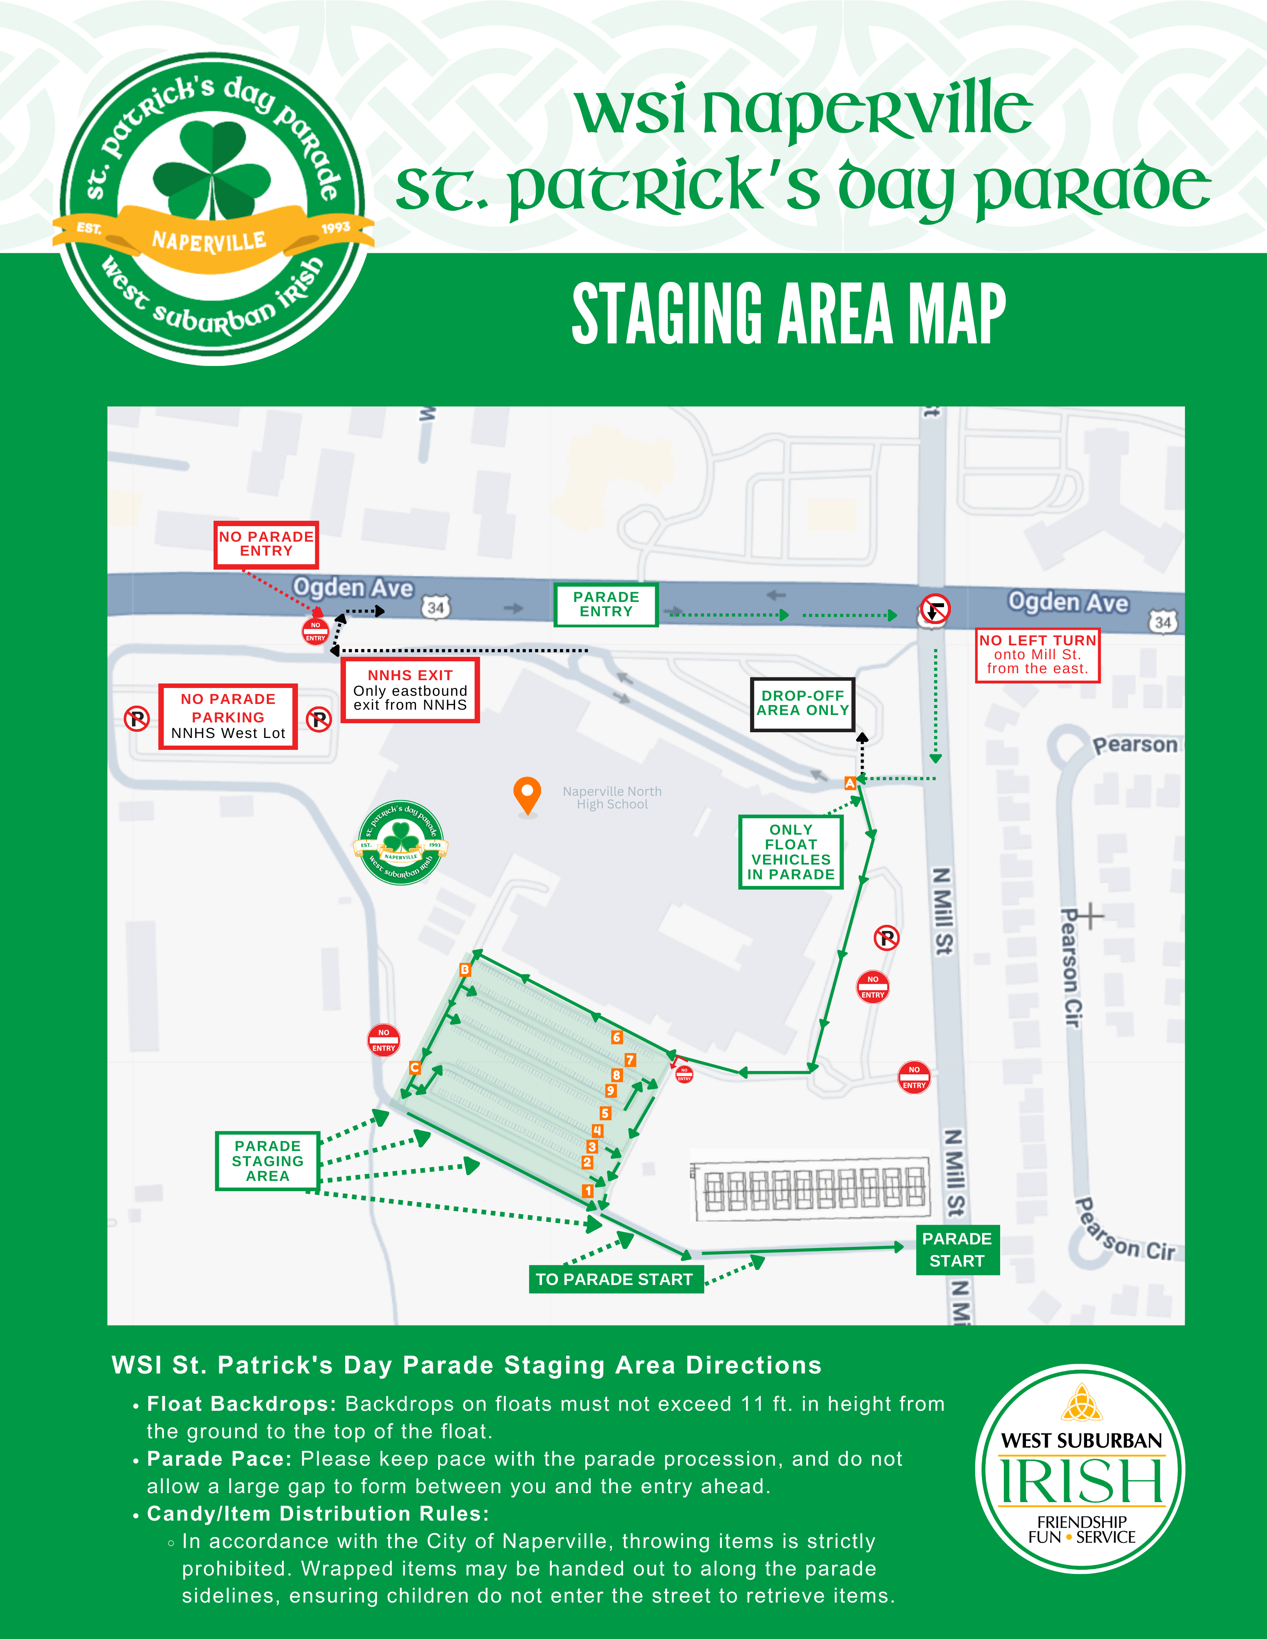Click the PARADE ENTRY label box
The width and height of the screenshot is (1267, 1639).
(x=606, y=604)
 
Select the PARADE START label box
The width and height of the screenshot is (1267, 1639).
(x=957, y=1249)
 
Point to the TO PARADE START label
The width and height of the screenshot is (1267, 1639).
(x=614, y=1280)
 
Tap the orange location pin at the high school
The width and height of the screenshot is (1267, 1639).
(x=528, y=794)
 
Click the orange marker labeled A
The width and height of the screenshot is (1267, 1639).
(x=850, y=783)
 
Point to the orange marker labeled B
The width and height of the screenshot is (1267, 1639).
(x=464, y=969)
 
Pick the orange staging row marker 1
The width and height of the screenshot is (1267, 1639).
(x=588, y=1191)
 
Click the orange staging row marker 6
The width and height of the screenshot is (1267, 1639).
(x=616, y=1037)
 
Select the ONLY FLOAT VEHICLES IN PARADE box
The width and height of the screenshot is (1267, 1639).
(x=790, y=852)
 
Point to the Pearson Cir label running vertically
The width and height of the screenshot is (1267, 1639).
(x=1071, y=968)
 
